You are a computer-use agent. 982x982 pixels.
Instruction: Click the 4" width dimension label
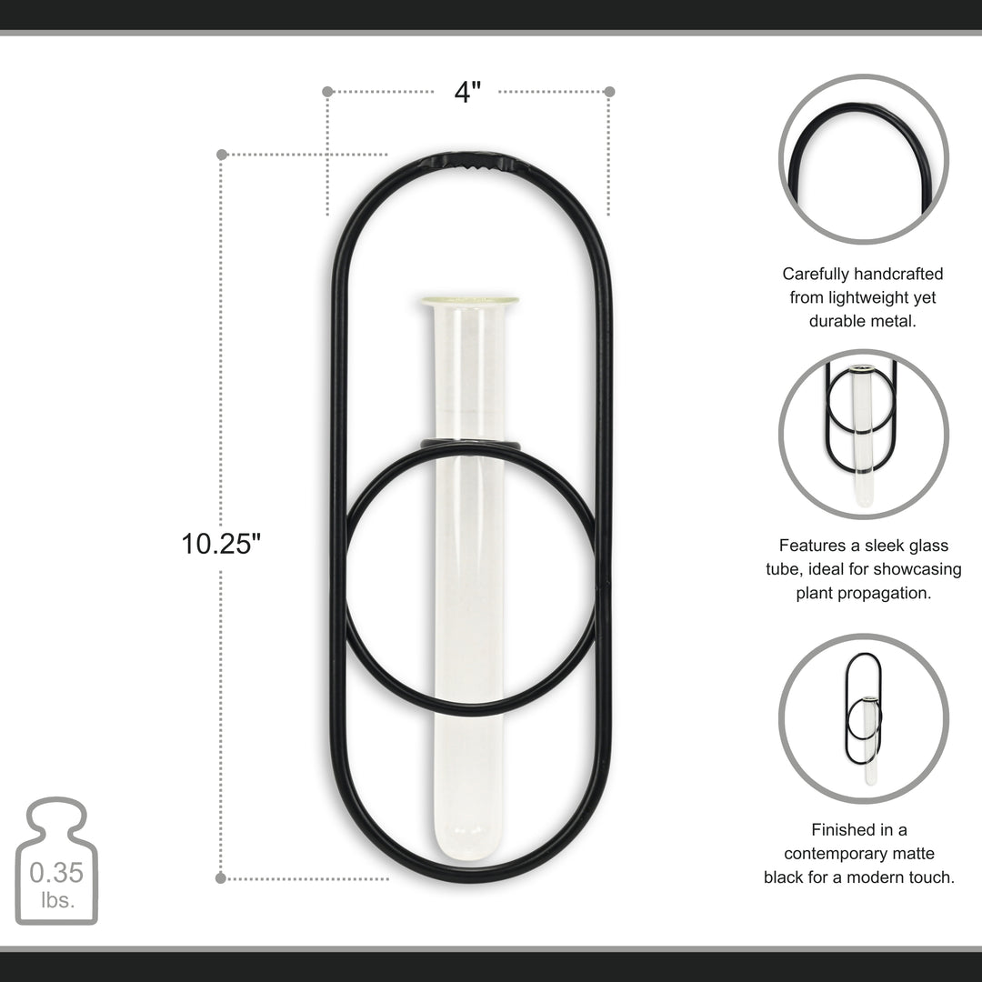point(467,92)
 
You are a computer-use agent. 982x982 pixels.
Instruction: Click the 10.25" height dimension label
point(221,544)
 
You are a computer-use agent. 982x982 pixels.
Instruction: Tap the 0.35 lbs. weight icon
point(56,862)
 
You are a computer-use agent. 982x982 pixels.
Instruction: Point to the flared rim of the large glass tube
point(469,301)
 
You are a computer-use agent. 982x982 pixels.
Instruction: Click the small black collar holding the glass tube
point(470,444)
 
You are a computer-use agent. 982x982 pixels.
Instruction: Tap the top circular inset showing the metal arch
point(863,159)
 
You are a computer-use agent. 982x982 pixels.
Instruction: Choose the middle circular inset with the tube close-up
point(863,434)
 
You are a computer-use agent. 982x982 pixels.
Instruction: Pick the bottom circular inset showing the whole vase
point(863,718)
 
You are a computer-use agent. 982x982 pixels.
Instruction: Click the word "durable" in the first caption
point(837,321)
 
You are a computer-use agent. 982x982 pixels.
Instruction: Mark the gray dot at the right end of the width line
point(609,92)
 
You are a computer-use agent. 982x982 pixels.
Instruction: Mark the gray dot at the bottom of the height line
point(221,877)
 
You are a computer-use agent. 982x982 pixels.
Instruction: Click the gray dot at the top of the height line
point(222,155)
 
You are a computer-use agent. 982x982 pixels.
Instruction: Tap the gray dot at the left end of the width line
point(327,92)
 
